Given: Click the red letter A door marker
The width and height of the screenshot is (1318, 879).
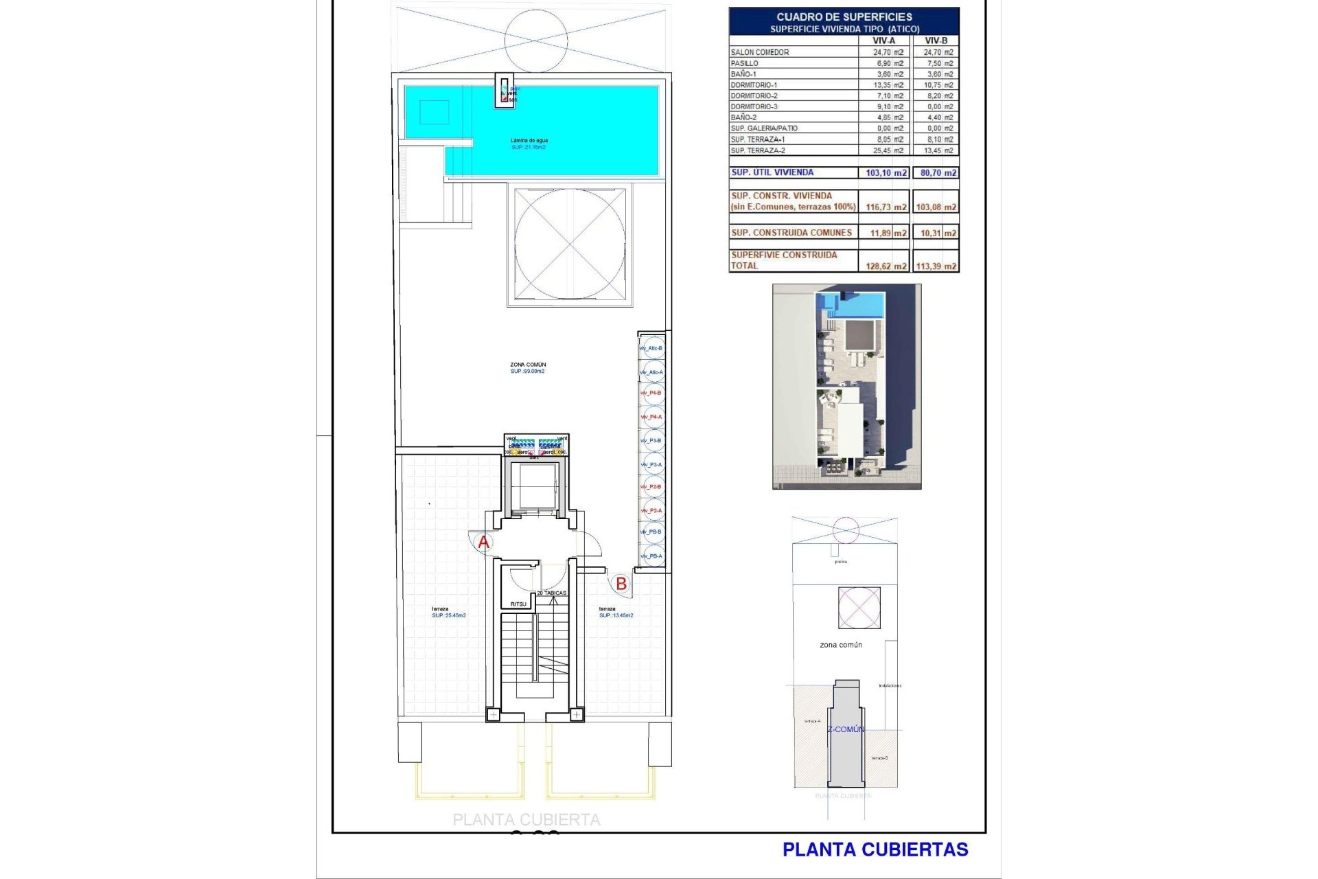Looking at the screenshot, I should coord(484,543).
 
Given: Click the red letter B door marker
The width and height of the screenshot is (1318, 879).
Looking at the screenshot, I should coord(621,584).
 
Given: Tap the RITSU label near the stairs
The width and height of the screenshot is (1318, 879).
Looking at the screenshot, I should coord(518,604).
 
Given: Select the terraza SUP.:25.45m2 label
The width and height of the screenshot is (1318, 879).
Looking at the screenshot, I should coord(448,612).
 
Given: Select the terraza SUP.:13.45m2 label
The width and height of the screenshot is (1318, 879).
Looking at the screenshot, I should coord(616,612).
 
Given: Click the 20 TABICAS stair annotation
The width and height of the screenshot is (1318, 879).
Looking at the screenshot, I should coord(552,593).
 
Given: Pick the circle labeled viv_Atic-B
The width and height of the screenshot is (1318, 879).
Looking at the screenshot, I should coord(652,348).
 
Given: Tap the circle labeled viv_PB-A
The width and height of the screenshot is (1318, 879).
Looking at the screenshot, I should coord(652,556).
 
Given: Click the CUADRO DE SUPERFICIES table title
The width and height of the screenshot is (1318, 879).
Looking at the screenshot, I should coord(844,16).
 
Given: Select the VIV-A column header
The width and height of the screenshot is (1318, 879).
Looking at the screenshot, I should coord(883,41).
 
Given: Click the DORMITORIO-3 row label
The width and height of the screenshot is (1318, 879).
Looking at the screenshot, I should coord(754,106).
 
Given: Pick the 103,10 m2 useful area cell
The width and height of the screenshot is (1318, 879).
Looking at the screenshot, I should coord(886,173).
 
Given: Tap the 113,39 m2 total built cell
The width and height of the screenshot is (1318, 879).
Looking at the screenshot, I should coord(936,266).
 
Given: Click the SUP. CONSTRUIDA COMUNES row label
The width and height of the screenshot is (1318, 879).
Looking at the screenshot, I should coord(791,233).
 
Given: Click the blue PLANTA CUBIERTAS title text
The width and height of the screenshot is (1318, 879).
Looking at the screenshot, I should coord(875,850).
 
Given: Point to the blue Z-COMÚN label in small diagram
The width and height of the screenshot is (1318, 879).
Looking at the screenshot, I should coord(846,729).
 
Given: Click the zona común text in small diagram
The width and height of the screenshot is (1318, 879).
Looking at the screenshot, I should coord(841,645).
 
